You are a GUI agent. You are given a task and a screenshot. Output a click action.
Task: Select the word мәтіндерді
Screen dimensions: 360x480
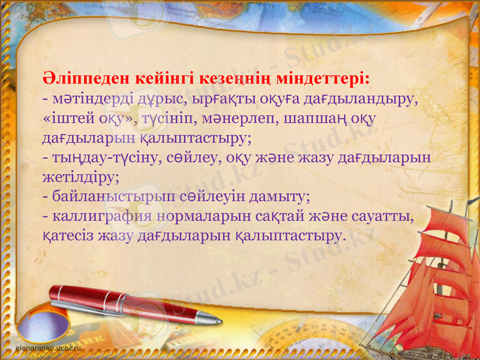click(86, 98)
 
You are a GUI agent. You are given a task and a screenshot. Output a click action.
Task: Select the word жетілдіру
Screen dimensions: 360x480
click(81, 177)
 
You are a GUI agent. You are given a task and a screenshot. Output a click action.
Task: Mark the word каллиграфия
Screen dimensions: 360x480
click(105, 216)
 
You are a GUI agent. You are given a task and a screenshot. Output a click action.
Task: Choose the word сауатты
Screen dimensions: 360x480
click(384, 216)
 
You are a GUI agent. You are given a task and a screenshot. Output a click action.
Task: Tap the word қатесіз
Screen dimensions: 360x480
click(70, 236)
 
